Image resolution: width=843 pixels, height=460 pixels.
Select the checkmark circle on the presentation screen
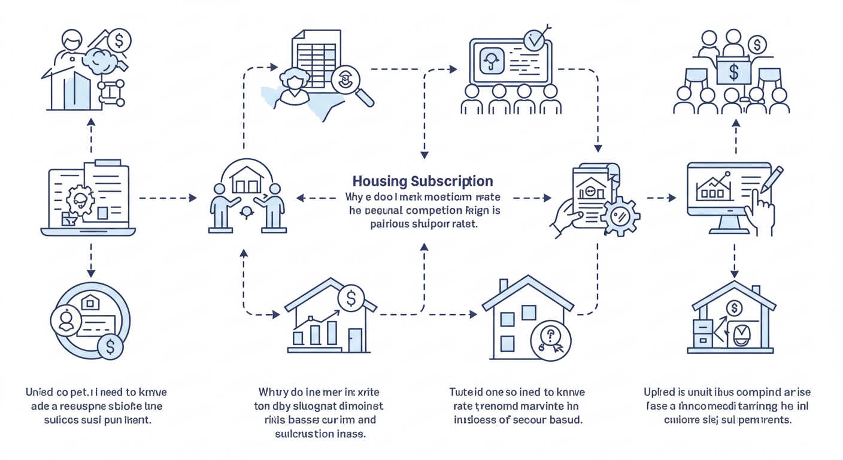pos(534,40)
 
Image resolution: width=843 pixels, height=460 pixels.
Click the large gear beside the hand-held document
pos(620,215)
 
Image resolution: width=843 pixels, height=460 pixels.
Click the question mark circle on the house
pos(550,340)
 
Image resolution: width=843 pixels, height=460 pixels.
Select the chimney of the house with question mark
pos(504,286)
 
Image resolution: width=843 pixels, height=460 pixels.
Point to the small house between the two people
pos(245,180)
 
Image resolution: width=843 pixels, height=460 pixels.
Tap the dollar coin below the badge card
pos(110,346)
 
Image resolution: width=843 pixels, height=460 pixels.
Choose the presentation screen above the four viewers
pos(510,61)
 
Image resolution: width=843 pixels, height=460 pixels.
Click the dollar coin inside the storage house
pos(733,308)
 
